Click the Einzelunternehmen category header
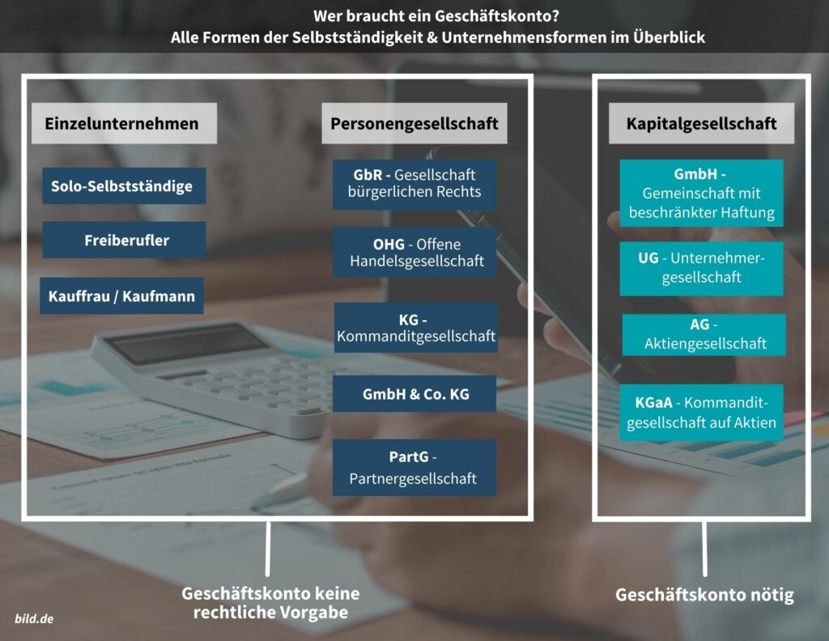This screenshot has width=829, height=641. pyautogui.click(x=124, y=123)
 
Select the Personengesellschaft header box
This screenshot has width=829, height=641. pyautogui.click(x=414, y=123)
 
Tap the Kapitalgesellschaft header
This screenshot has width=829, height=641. pyautogui.click(x=702, y=123)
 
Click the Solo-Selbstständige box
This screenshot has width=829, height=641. pyautogui.click(x=124, y=186)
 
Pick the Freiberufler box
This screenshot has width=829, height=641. pyautogui.click(x=124, y=240)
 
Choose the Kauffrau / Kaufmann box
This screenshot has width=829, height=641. pyautogui.click(x=121, y=296)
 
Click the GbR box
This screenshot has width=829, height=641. pyautogui.click(x=414, y=184)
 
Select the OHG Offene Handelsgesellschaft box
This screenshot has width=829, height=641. pyautogui.click(x=414, y=253)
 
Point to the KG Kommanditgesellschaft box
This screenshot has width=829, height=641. pyautogui.click(x=416, y=327)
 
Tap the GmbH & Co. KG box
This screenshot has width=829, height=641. pyautogui.click(x=414, y=394)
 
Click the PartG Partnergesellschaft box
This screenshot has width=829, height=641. pyautogui.click(x=414, y=468)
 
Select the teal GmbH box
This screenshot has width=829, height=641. pyautogui.click(x=702, y=193)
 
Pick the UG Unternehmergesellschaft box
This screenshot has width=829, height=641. pyautogui.click(x=702, y=269)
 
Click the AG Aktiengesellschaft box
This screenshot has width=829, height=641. pyautogui.click(x=704, y=335)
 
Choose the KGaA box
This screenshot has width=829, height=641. pyautogui.click(x=702, y=412)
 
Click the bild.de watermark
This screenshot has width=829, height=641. pyautogui.click(x=34, y=619)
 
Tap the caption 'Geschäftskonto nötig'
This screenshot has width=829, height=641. pyautogui.click(x=705, y=595)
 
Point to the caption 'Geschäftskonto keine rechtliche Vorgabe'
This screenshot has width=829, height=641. pyautogui.click(x=270, y=603)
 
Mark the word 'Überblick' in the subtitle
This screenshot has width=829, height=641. pyautogui.click(x=669, y=37)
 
